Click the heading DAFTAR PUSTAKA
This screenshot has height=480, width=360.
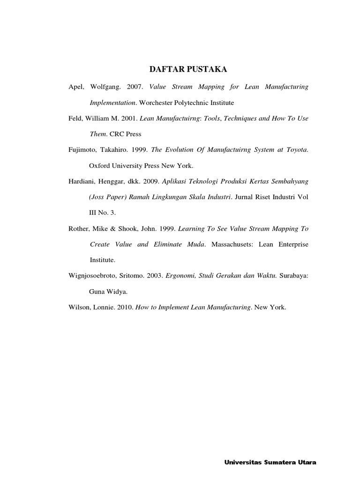(187, 69)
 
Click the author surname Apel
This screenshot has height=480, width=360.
(75, 87)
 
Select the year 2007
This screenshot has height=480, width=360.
(135, 87)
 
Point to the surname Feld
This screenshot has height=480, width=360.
(75, 119)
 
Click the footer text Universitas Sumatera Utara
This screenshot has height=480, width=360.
(270, 463)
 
